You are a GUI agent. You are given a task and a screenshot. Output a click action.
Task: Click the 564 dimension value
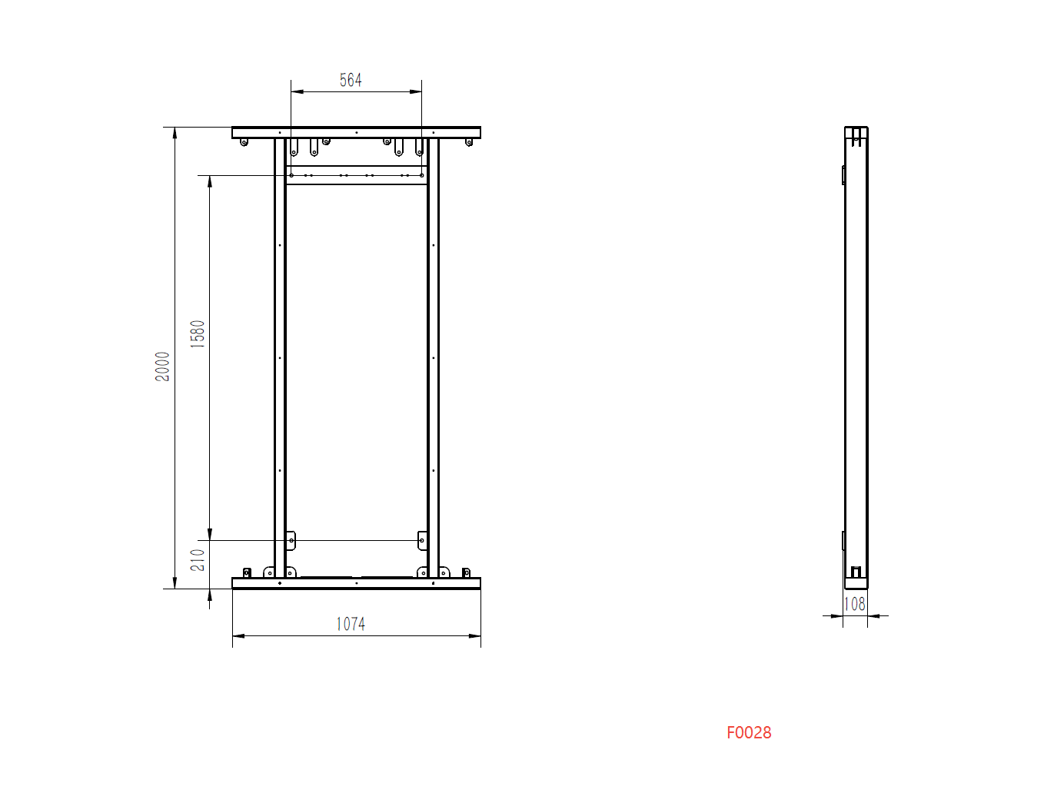tap(351, 80)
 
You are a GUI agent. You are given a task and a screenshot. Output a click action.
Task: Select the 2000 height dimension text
tap(162, 367)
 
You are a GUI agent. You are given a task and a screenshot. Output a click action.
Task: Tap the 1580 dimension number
tap(198, 334)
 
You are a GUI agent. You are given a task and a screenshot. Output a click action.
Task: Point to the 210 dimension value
tap(198, 560)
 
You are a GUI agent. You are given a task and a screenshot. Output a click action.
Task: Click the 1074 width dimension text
tap(351, 624)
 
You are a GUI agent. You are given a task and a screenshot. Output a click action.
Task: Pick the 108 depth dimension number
tap(855, 604)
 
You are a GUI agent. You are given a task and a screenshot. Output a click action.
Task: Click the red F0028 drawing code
tap(749, 732)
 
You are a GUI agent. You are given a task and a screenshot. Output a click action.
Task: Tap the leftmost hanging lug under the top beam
tap(244, 142)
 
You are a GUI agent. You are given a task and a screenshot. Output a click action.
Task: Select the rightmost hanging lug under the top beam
tap(469, 142)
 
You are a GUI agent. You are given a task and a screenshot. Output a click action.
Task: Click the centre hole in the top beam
tap(357, 132)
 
